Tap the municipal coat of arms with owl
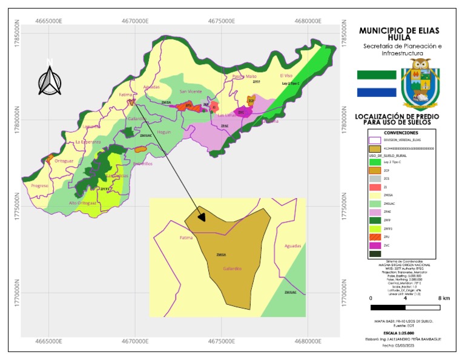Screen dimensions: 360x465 (420, 84)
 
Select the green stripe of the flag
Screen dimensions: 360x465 (376, 75)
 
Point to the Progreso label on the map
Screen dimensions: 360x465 (39, 185)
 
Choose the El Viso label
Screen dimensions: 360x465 (286, 75)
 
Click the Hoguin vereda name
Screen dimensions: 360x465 (164, 132)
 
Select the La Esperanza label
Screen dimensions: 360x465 (87, 142)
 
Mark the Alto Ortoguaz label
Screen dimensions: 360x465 (82, 202)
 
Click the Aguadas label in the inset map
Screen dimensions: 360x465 (292, 247)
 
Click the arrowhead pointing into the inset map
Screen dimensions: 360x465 (202, 216)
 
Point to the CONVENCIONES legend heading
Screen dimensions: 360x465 (401, 132)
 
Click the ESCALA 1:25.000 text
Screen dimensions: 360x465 (401, 333)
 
